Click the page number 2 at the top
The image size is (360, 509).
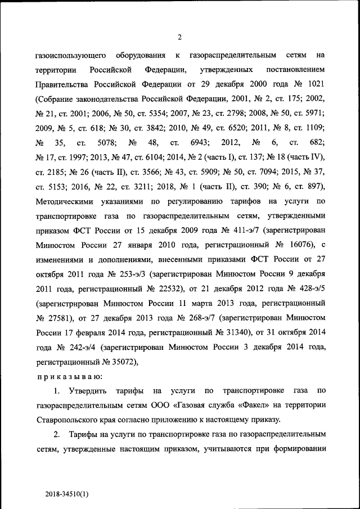(179, 38)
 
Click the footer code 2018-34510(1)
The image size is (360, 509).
(67, 494)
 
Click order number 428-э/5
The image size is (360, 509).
(307, 289)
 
